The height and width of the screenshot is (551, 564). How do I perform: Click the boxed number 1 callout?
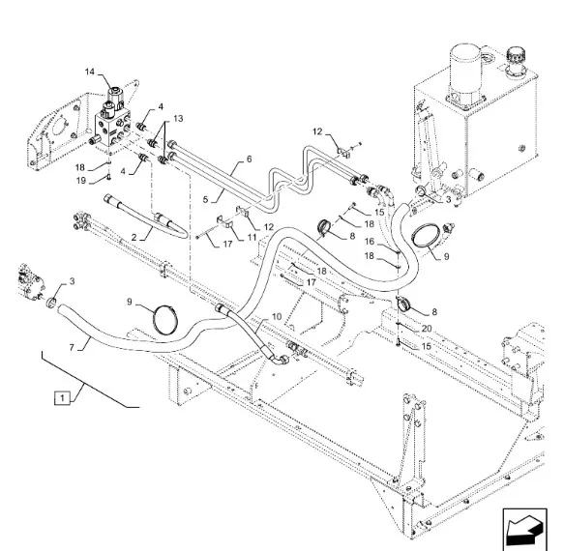[62, 398]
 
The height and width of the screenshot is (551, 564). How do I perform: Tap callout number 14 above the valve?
[90, 72]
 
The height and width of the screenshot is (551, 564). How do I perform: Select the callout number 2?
[134, 238]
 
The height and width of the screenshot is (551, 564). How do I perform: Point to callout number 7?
[72, 348]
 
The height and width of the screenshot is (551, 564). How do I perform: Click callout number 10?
[277, 317]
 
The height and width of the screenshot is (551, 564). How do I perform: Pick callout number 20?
[427, 329]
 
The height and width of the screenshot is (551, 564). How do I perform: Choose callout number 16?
[370, 242]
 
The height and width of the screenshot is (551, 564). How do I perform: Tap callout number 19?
[81, 181]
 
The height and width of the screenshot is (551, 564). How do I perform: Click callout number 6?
[249, 159]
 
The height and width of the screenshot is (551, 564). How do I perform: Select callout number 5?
[205, 199]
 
